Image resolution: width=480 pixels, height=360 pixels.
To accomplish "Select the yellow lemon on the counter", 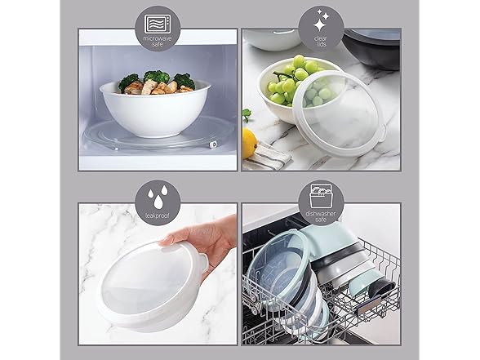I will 249,143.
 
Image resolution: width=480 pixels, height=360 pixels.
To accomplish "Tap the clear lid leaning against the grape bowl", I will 343,107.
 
